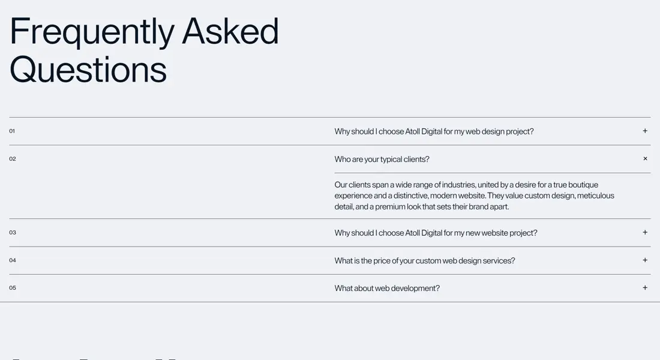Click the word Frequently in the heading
[92, 31]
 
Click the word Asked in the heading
[230, 31]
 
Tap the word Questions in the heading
[88, 70]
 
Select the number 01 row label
[12, 131]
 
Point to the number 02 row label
[13, 159]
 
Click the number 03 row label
[13, 232]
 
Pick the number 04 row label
[13, 260]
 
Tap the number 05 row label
[13, 288]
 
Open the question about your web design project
[434, 131]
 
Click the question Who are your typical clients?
[382, 159]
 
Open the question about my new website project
[436, 233]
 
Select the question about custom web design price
[424, 260]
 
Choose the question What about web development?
[387, 288]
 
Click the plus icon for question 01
[645, 131]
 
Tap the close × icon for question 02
[645, 159]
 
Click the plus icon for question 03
[645, 232]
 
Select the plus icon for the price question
[645, 260]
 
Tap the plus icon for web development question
[645, 288]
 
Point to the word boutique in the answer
[583, 185]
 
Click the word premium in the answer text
[391, 206]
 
